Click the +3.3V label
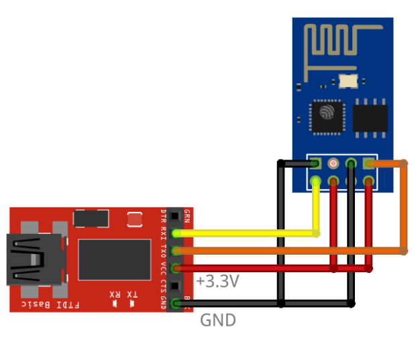point(217,282)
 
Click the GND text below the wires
point(218,320)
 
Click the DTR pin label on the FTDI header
point(164,216)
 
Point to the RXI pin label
point(164,233)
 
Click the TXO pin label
point(164,250)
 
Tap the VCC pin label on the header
point(164,267)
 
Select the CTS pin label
point(164,285)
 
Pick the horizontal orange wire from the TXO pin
point(289,251)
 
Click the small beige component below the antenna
point(349,81)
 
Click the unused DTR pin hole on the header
point(176,216)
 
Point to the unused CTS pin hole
point(176,286)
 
